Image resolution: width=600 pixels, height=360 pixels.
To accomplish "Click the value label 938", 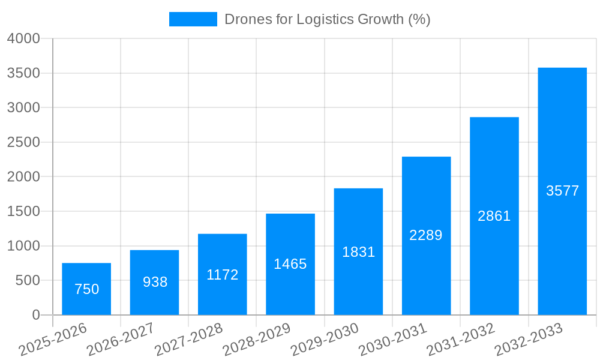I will (155, 282).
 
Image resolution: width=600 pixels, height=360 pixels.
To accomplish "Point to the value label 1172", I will (223, 275).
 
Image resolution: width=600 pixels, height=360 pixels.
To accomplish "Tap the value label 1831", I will (358, 252).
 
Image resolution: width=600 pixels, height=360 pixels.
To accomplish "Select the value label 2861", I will (494, 216).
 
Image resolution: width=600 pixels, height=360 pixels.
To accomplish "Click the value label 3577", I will (562, 191).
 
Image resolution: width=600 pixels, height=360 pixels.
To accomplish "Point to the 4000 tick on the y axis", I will (23, 39).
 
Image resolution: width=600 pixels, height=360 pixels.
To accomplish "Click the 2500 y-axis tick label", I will (23, 142).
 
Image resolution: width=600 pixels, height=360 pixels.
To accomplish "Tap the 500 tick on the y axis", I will (28, 280).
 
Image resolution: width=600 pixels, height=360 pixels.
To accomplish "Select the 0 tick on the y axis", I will (35, 315).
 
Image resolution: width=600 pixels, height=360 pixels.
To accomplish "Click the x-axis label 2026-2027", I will (121, 340).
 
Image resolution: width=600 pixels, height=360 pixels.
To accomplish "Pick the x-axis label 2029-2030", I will (325, 340).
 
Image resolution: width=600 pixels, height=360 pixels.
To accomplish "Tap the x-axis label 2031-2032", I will (461, 340).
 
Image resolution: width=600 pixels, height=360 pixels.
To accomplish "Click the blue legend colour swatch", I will (193, 19).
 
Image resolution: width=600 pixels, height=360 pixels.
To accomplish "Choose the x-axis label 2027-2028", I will (188, 340).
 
